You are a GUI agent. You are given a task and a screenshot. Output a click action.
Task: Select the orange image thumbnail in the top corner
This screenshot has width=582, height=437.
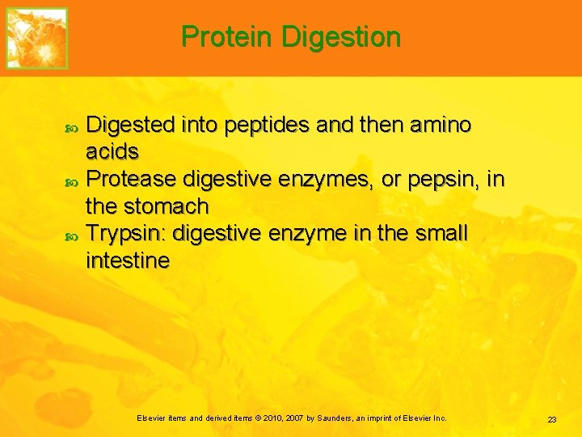point(37,38)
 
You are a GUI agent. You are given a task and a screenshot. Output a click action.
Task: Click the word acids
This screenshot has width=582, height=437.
point(112,152)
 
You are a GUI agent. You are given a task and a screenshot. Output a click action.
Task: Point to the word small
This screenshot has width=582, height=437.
point(441,233)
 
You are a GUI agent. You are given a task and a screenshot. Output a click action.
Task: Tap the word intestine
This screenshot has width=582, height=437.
point(128,261)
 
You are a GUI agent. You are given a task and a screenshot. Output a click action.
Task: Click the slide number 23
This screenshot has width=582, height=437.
point(552,419)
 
